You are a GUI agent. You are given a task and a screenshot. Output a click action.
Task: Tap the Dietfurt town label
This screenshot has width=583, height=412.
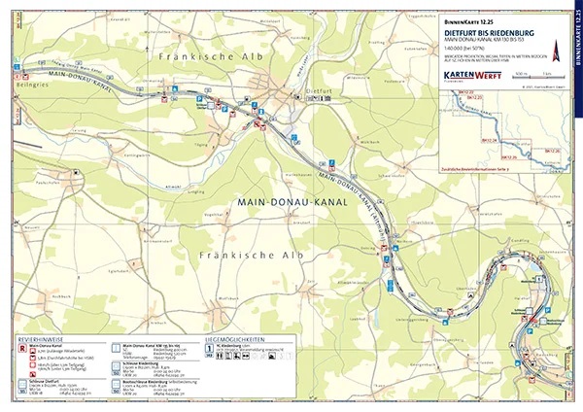click(307, 90)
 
